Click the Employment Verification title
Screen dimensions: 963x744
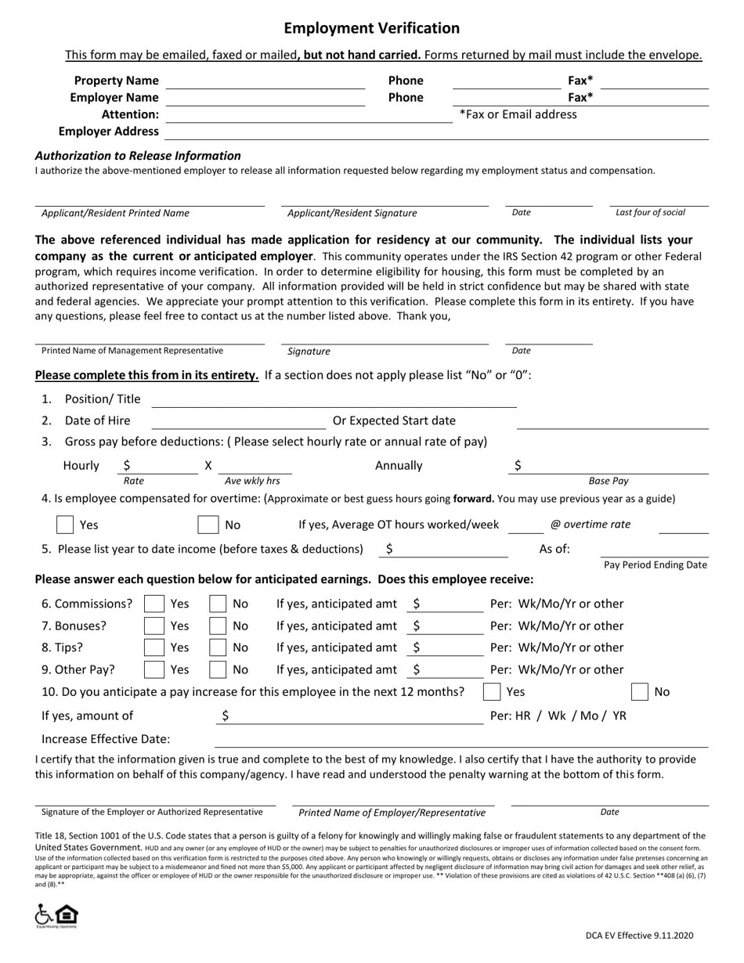(x=371, y=28)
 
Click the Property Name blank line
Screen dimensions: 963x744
(x=265, y=81)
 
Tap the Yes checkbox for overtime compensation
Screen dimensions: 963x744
(x=66, y=525)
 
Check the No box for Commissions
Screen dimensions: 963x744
(x=218, y=604)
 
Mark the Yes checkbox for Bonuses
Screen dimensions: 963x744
(x=154, y=626)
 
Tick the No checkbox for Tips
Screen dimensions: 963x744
(x=218, y=647)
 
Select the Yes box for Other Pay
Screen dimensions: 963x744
(x=154, y=669)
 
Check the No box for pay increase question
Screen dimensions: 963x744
(x=639, y=691)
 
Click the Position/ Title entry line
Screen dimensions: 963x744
(x=334, y=400)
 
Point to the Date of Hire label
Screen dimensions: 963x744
(x=97, y=420)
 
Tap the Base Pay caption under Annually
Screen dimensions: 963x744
(x=609, y=481)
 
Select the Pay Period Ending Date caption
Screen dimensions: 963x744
(x=655, y=564)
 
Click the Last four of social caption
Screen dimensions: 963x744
(x=650, y=212)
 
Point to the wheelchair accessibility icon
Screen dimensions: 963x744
(x=45, y=914)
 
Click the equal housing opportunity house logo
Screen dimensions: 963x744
(x=67, y=914)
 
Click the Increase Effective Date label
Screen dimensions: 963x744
(x=106, y=739)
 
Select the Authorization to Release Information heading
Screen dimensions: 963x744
(x=138, y=156)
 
